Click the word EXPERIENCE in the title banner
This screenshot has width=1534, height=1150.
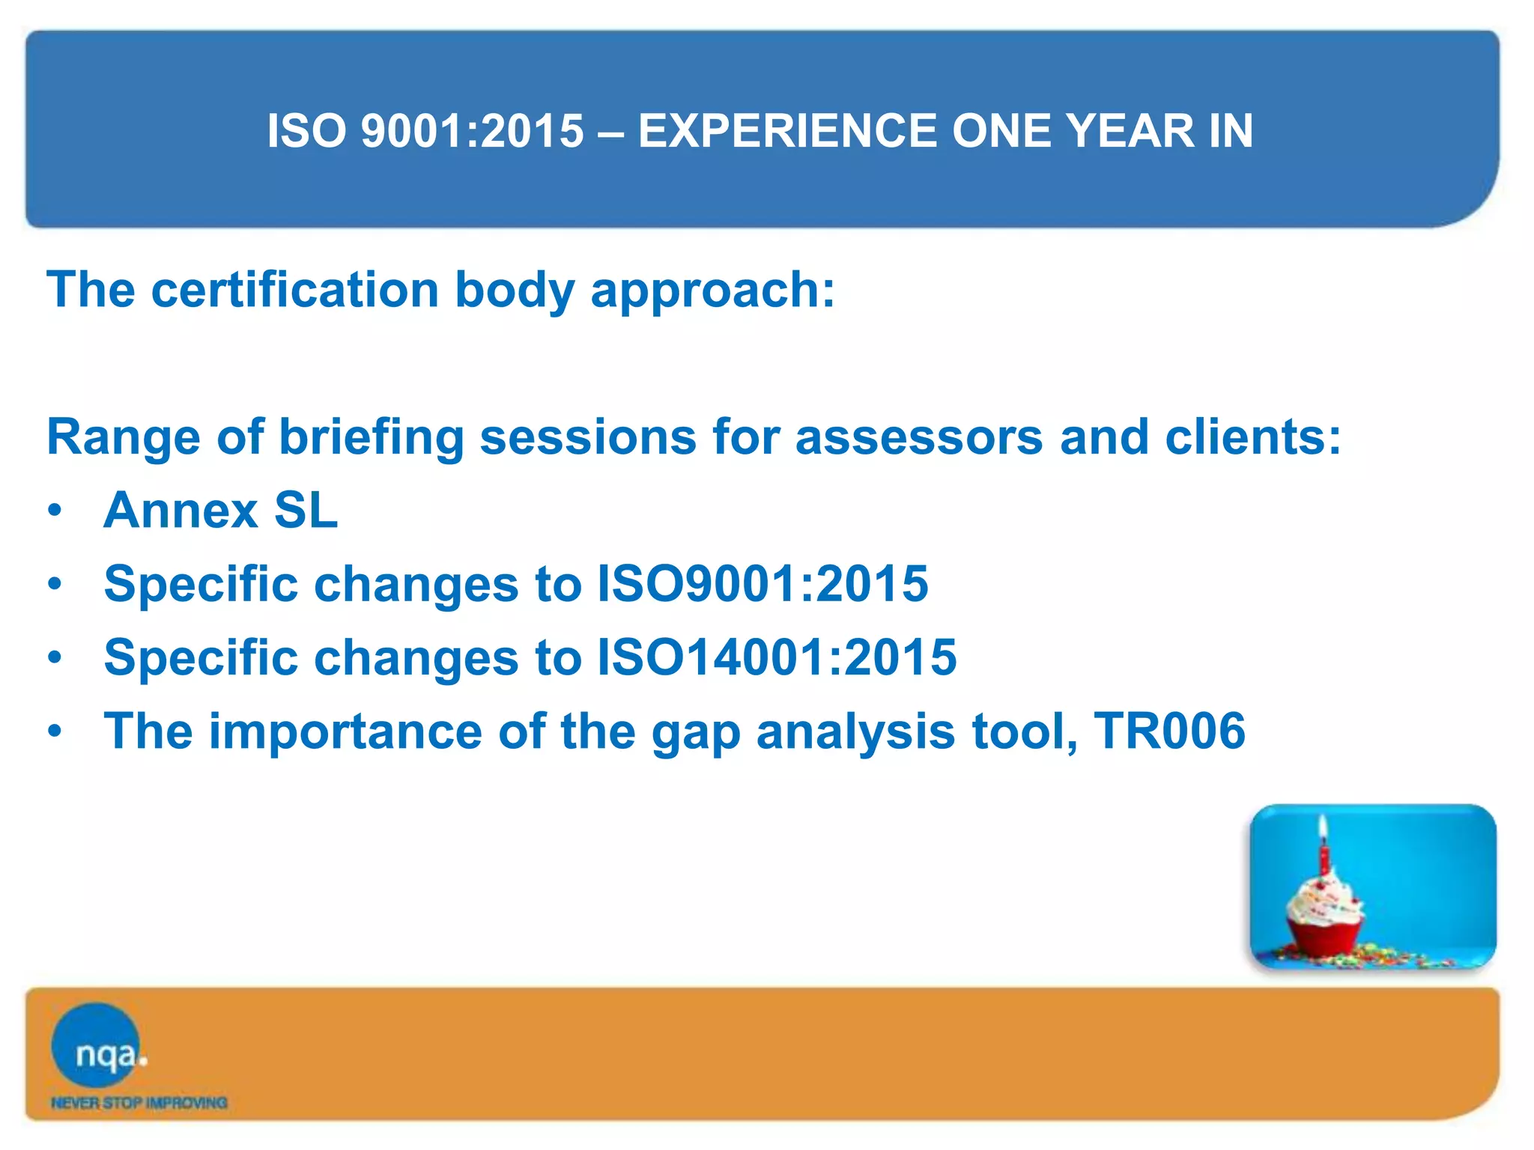[x=787, y=131]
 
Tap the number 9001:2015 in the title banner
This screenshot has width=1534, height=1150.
[x=472, y=131]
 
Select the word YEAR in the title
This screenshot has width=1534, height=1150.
[x=1130, y=131]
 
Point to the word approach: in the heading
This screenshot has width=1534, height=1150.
[x=712, y=292]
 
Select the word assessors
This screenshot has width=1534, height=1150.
[x=918, y=437]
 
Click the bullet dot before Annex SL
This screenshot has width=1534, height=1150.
[x=54, y=511]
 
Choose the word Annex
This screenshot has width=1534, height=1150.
[x=181, y=511]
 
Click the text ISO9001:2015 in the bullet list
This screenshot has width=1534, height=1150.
[x=762, y=584]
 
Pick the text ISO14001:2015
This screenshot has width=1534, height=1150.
[x=776, y=657]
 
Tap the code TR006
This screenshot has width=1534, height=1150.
[x=1169, y=731]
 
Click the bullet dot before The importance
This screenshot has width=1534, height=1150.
[x=54, y=731]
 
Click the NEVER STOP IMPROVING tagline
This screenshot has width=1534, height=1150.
[x=139, y=1103]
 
